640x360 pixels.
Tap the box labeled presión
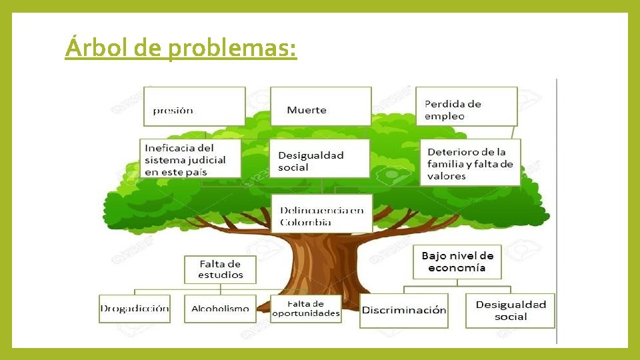point(194,106)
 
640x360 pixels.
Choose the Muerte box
point(321,106)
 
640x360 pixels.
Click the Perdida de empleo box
point(467,106)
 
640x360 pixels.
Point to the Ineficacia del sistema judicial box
point(191,159)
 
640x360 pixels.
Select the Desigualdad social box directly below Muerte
point(319,159)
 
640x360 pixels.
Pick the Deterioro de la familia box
point(470,162)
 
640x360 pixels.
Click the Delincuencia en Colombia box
point(322,214)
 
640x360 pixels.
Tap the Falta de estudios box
point(220,269)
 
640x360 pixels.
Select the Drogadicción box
point(135,309)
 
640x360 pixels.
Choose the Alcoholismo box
point(220,309)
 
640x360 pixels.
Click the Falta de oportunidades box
point(306,309)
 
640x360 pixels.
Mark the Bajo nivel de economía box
point(457,262)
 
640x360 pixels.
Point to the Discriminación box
point(404,311)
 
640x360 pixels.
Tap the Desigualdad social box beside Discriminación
point(511,311)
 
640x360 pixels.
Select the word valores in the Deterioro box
point(447,177)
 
